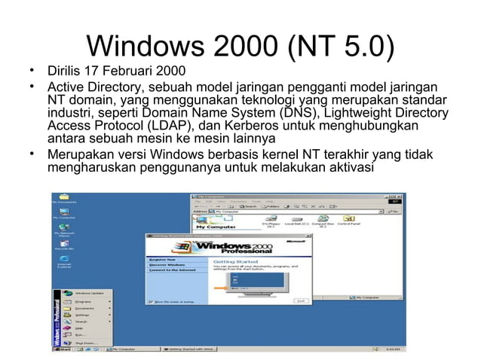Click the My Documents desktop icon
click(63, 198)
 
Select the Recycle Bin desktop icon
click(63, 245)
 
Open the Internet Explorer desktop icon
click(63, 261)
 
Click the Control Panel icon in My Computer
click(348, 221)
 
